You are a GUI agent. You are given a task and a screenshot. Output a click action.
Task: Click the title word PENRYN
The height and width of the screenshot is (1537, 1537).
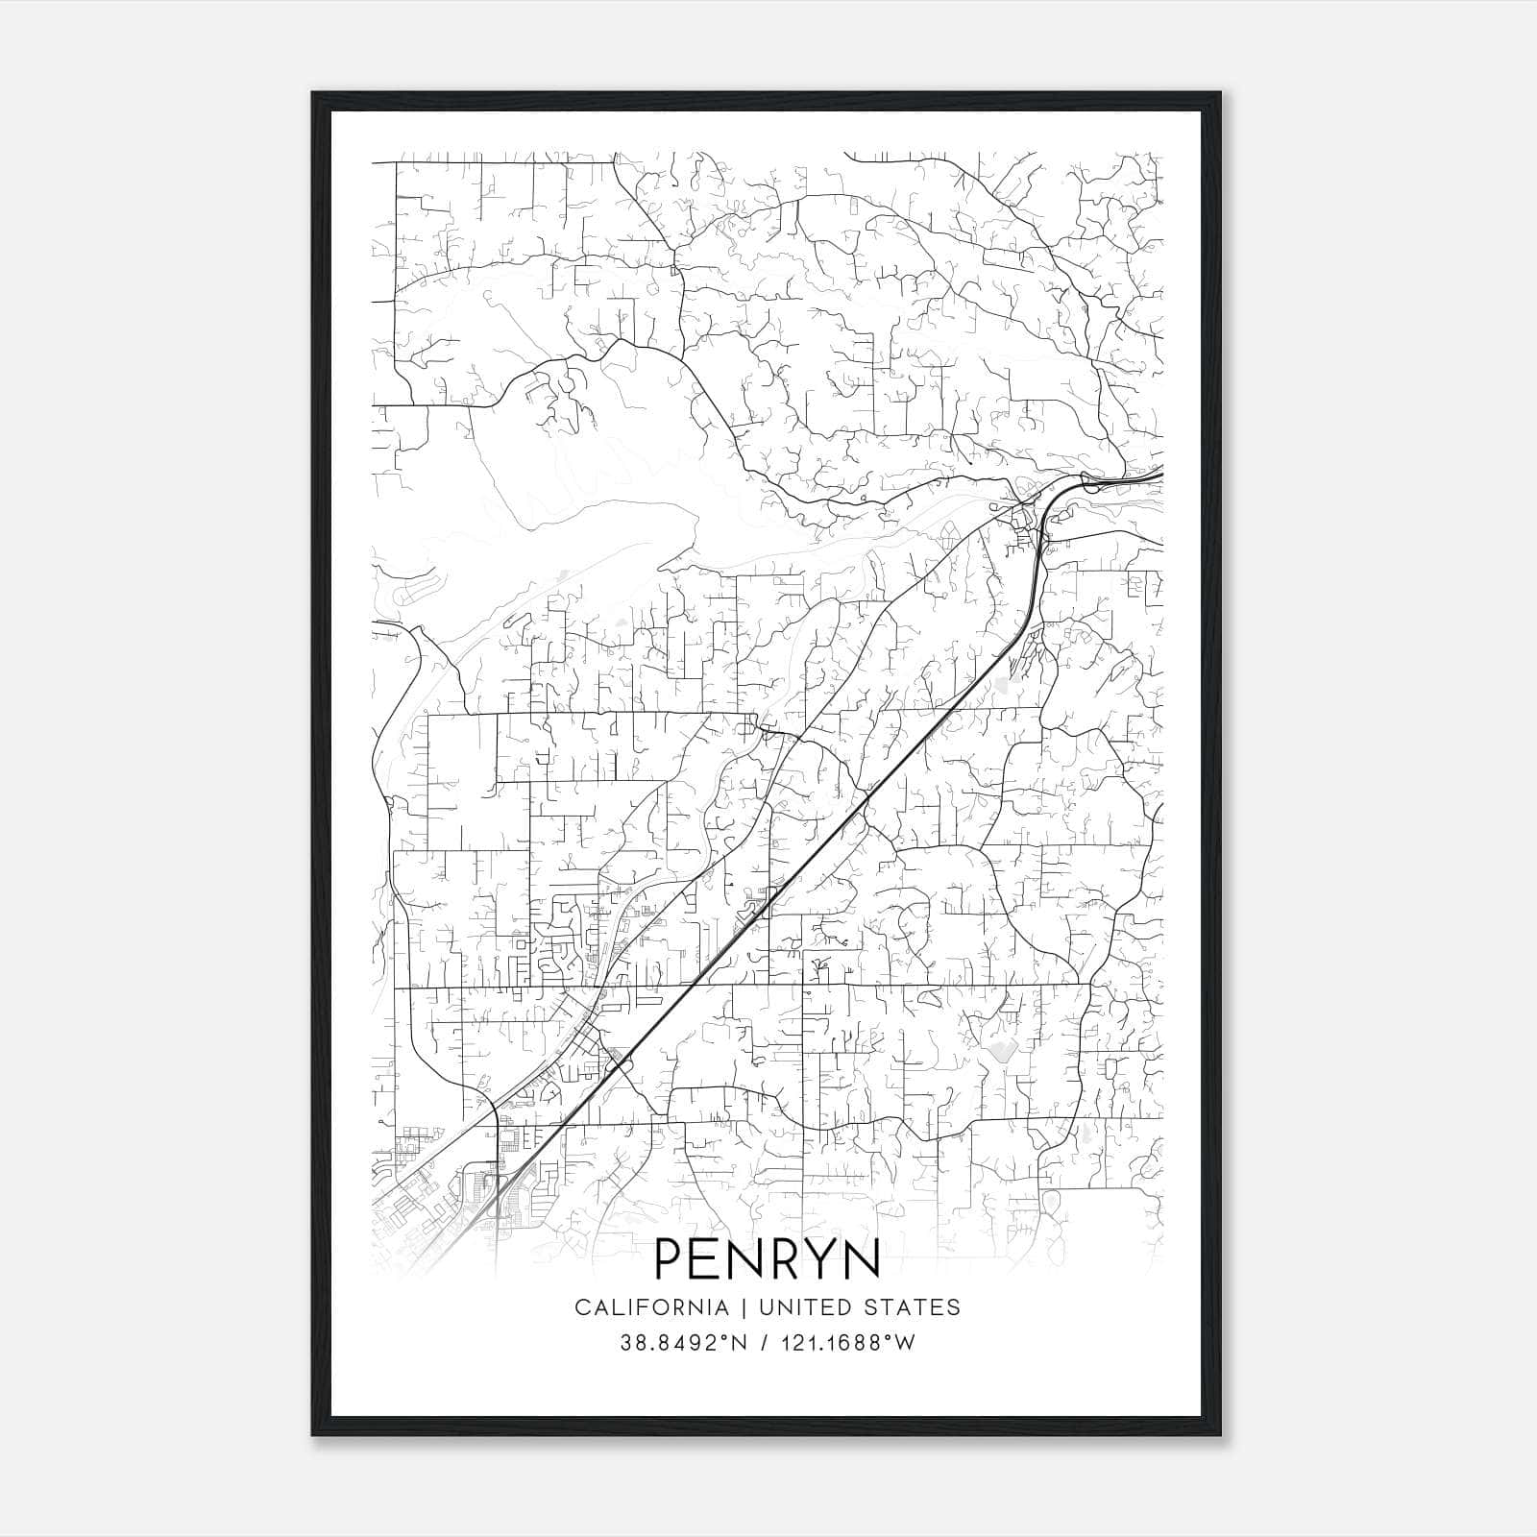[768, 1259]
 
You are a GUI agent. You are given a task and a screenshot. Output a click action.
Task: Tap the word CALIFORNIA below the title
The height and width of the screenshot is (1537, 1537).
[650, 1307]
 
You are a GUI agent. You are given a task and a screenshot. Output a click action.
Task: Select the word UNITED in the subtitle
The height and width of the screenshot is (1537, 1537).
[805, 1307]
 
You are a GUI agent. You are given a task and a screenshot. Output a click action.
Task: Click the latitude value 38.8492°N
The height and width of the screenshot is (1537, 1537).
[683, 1342]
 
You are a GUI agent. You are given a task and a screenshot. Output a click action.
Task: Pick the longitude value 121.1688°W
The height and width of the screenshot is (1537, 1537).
[849, 1342]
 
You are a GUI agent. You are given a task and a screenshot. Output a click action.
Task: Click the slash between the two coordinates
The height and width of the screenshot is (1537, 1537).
[765, 1342]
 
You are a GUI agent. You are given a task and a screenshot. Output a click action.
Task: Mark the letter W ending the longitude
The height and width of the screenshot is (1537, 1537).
[905, 1342]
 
